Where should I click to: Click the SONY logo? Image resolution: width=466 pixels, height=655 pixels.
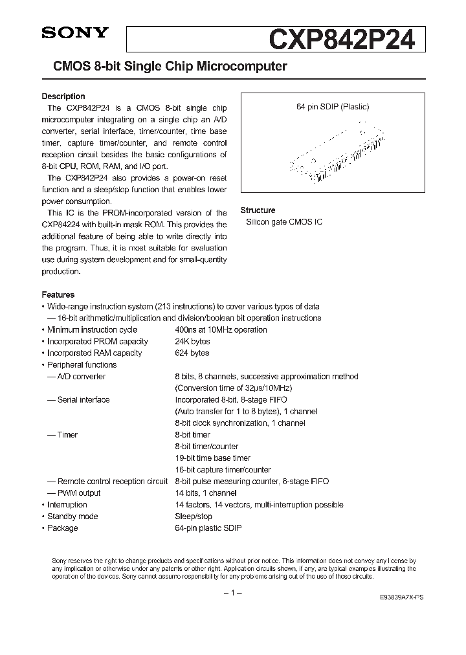[x=75, y=35]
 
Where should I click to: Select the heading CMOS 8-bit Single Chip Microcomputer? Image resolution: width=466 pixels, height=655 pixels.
[x=164, y=67]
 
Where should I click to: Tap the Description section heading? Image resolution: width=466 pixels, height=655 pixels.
[x=63, y=96]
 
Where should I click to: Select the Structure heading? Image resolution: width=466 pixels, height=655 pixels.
[x=258, y=210]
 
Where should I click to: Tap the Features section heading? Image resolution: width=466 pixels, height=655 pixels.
[x=58, y=294]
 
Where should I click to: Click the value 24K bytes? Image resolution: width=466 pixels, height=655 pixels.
[x=192, y=342]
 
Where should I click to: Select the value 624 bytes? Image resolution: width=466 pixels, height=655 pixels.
[x=192, y=353]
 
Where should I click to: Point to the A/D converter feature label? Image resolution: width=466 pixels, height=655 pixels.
[x=81, y=377]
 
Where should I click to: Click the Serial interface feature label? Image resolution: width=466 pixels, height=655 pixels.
[x=83, y=400]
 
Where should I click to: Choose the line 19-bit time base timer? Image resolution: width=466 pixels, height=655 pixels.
[x=212, y=458]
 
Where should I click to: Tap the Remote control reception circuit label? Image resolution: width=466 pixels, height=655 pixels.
[x=112, y=482]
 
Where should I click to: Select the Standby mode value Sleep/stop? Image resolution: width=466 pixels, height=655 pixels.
[x=194, y=516]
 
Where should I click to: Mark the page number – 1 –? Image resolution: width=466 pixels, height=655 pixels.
[x=232, y=594]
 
